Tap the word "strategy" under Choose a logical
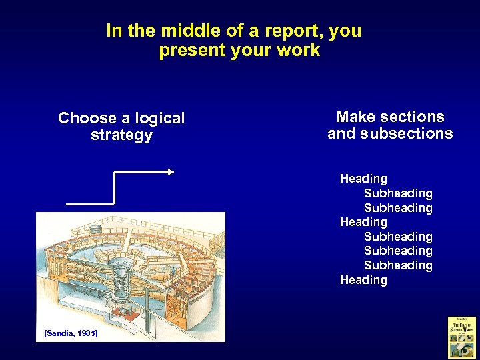tap(121, 135)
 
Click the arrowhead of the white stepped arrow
tap(170, 171)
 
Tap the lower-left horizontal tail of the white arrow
tap(89, 203)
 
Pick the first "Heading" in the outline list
tap(363, 179)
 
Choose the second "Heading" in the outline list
tap(363, 222)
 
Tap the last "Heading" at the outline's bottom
tap(363, 280)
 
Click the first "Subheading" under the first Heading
tap(398, 193)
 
